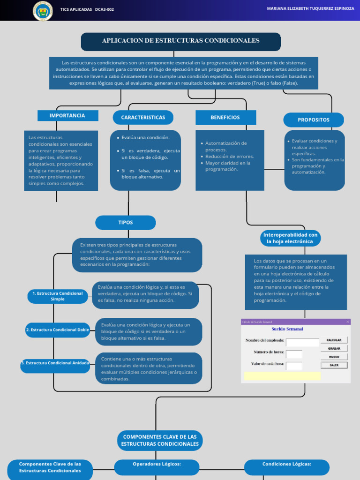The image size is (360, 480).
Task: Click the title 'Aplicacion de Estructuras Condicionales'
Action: (180, 41)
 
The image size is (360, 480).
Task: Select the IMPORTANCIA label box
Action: (67, 116)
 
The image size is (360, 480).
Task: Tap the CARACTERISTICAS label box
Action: (143, 118)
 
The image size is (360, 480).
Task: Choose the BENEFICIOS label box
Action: (225, 118)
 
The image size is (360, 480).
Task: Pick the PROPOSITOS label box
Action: (313, 120)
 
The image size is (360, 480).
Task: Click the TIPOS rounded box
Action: (126, 223)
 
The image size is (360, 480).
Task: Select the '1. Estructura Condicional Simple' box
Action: (58, 296)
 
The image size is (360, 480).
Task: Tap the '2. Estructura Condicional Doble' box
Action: (58, 330)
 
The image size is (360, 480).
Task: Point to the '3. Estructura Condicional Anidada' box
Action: (55, 363)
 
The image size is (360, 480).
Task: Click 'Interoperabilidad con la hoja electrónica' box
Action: (290, 238)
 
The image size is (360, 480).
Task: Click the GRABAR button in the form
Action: (334, 348)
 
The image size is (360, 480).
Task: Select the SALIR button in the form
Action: (334, 365)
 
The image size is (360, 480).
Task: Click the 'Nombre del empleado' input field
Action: (302, 342)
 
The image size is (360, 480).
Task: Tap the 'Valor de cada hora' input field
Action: (294, 366)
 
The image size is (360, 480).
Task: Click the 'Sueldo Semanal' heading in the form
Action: (287, 330)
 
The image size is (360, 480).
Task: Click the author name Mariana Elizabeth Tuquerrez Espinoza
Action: (310, 9)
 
